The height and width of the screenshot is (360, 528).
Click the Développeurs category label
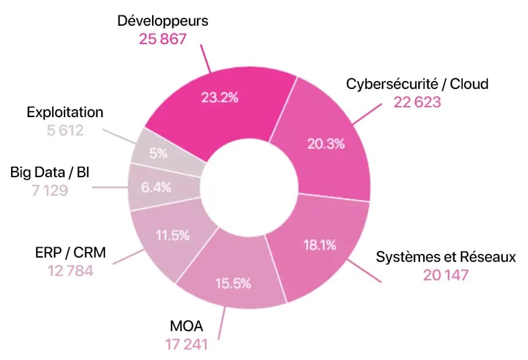[163, 21]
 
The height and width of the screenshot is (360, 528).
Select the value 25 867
[163, 39]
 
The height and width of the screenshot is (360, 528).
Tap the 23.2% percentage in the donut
[220, 96]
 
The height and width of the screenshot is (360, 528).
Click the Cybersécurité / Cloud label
[417, 84]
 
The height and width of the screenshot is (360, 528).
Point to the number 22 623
[417, 102]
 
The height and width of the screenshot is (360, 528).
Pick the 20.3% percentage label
[325, 144]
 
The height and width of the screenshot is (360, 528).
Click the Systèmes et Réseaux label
[445, 256]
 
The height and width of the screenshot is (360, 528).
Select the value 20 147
[446, 275]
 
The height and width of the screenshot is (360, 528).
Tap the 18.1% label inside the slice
[319, 246]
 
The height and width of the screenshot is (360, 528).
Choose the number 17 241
[186, 343]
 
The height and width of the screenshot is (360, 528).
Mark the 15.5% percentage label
[232, 283]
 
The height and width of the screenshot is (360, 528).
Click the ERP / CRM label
[71, 252]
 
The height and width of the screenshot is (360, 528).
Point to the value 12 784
[71, 270]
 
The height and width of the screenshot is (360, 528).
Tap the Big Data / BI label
[50, 172]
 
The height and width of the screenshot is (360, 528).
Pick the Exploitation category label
[65, 112]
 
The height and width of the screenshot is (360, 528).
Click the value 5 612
[65, 131]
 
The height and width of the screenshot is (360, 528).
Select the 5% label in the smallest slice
[158, 153]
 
